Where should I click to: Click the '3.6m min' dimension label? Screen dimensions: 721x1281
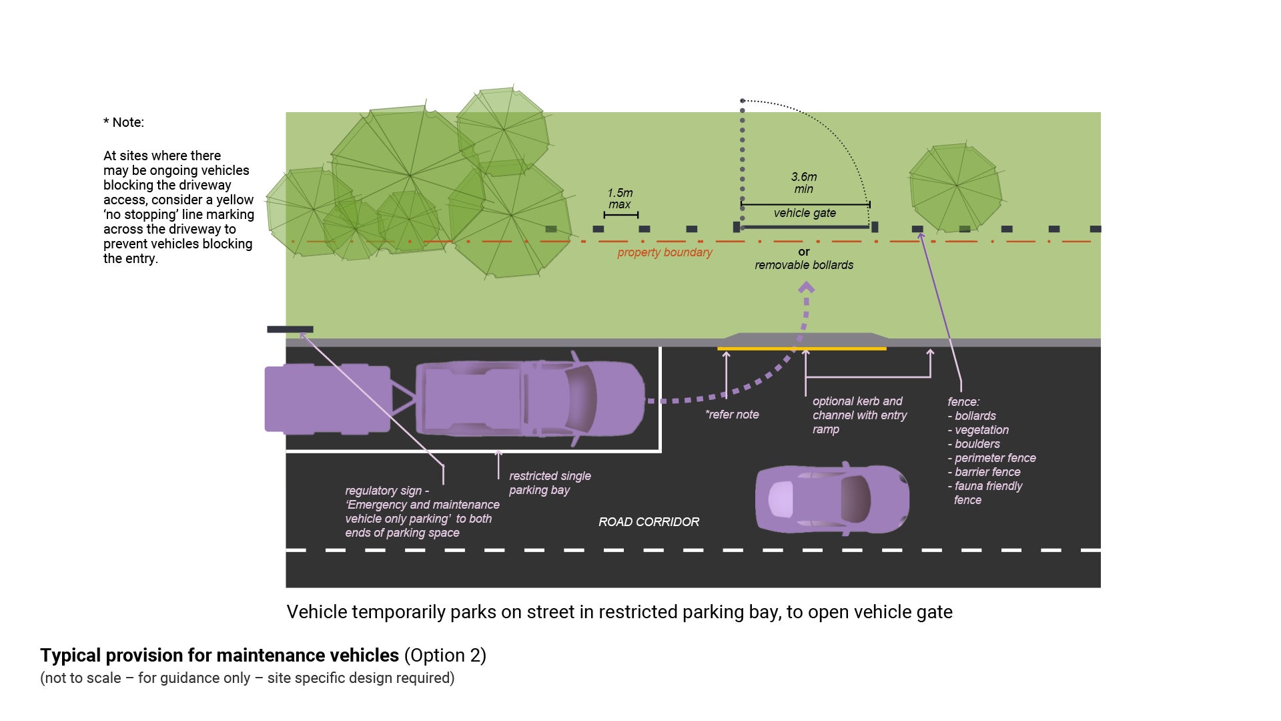point(804,183)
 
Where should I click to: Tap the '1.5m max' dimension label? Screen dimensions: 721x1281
point(620,198)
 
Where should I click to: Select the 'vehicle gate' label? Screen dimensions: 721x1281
point(805,213)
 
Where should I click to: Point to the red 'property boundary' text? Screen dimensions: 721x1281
point(665,252)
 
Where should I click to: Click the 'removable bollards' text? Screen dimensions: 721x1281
point(804,265)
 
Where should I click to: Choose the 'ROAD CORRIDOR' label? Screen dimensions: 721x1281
point(649,522)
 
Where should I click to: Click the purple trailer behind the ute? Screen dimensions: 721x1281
point(327,399)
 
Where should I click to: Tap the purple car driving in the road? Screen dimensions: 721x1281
point(832,499)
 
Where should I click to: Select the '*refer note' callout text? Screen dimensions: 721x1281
point(732,415)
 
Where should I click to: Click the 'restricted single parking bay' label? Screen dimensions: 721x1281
point(550,483)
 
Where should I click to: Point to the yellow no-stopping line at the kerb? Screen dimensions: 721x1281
point(801,348)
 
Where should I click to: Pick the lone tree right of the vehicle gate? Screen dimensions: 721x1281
point(955,187)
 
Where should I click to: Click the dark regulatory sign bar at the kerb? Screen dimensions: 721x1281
point(290,329)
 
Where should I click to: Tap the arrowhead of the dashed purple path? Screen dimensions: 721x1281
point(807,288)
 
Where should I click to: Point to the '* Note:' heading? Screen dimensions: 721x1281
point(123,122)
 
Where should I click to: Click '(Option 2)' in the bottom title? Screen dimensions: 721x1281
point(445,656)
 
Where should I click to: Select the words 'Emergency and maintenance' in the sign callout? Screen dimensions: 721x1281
point(423,505)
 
